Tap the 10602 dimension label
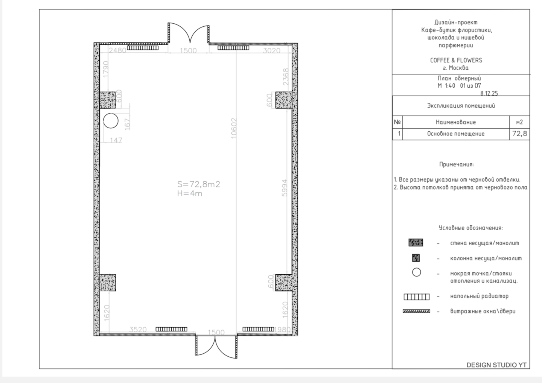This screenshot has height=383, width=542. click(x=233, y=128)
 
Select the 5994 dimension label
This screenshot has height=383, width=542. click(x=285, y=188)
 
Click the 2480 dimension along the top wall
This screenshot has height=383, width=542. click(x=117, y=50)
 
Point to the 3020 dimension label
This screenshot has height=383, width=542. click(x=271, y=50)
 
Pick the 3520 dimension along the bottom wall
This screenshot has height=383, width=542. click(x=138, y=329)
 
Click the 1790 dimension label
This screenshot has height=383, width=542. click(x=106, y=69)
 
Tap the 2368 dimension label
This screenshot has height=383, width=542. click(x=286, y=77)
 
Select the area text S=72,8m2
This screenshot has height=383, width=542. click(x=199, y=184)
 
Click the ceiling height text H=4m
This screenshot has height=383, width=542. click(x=190, y=193)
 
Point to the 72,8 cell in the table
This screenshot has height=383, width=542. click(x=519, y=134)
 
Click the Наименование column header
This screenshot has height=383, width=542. click(x=456, y=122)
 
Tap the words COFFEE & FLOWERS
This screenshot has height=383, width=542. click(x=456, y=60)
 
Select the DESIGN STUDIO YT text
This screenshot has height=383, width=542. click(x=496, y=365)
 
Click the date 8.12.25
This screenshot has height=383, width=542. click(x=489, y=93)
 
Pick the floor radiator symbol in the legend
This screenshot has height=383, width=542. click(x=416, y=297)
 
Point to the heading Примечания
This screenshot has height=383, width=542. click(x=457, y=164)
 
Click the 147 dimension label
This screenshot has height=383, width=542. click(x=116, y=140)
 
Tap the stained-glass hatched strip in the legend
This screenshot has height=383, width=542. click(x=416, y=311)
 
